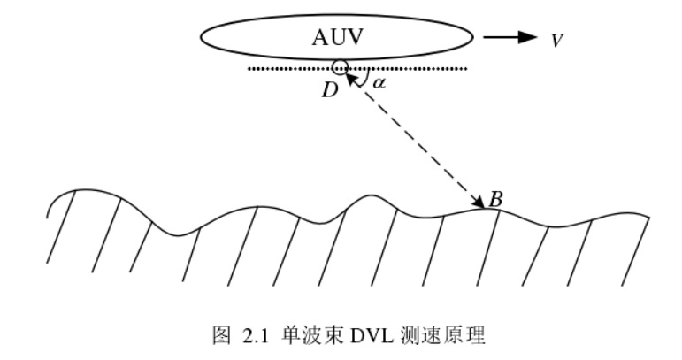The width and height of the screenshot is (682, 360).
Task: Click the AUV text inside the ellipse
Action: pyautogui.click(x=336, y=36)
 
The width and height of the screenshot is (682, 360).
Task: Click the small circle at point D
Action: pyautogui.click(x=339, y=67)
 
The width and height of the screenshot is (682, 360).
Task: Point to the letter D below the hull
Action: pyautogui.click(x=330, y=90)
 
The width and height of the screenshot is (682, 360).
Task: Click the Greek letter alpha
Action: pyautogui.click(x=379, y=84)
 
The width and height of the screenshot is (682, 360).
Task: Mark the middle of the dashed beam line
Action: pyautogui.click(x=414, y=140)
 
